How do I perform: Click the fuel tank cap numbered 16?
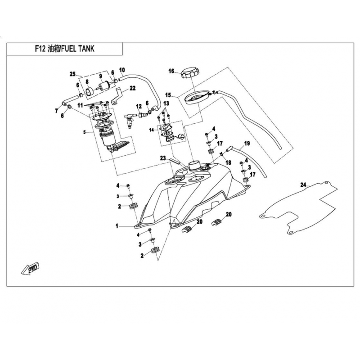point(190,72)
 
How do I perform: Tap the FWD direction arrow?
point(31,268)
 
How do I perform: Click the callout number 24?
point(303,185)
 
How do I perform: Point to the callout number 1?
point(117,226)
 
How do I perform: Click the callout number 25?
point(72,74)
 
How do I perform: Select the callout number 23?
point(163,158)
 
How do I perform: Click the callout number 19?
point(247,144)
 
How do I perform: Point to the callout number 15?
point(168,95)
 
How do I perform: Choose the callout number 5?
point(85,132)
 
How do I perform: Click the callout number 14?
point(152,130)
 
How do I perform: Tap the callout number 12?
point(139,106)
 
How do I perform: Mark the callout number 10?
point(122,70)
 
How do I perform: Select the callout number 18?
point(228,162)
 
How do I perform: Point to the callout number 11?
point(80,106)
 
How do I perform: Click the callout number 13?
point(166,103)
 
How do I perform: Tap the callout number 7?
point(57,111)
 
